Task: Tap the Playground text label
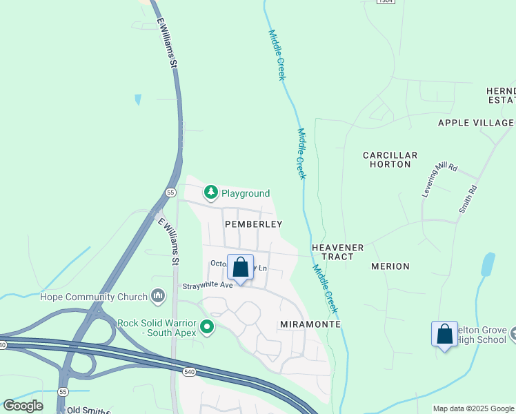245,194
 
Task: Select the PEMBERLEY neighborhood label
254,224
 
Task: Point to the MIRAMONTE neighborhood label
311,324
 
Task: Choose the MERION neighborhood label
390,266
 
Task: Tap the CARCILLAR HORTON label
390,160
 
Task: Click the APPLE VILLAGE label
476,123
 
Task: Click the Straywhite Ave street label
208,285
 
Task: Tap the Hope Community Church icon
158,297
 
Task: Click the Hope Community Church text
94,297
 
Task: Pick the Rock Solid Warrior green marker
206,326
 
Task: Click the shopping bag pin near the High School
444,335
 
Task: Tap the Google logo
23,406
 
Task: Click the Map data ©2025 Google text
474,408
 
